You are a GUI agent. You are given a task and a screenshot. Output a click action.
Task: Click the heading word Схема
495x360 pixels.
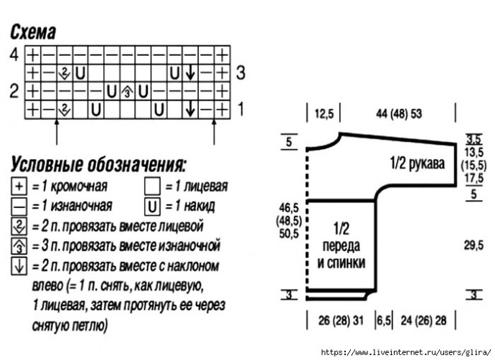[x=33, y=32]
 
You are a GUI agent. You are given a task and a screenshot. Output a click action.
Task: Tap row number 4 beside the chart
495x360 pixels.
[x=14, y=55]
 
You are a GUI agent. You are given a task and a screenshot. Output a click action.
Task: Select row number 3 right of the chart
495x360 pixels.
[x=240, y=73]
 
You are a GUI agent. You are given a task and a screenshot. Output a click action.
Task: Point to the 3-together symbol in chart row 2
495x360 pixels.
[x=127, y=92]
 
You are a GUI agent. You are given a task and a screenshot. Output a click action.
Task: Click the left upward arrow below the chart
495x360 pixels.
[x=57, y=132]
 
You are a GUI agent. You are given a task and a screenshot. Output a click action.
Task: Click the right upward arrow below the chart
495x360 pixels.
[x=214, y=132]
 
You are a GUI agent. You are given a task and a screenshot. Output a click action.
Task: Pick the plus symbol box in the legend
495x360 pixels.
[x=19, y=186]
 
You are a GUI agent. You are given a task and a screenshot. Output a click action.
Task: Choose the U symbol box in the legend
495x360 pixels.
[x=153, y=207]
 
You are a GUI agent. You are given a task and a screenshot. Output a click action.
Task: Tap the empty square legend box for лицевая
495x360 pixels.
[x=153, y=186]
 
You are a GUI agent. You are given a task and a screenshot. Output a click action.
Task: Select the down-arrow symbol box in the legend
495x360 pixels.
[x=19, y=267]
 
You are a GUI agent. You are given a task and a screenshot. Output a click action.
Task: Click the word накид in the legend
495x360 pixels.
[x=199, y=206]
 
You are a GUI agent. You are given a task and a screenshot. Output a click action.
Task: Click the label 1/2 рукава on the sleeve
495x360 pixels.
[x=418, y=164]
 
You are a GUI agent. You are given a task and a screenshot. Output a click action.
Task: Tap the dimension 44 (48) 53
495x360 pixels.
[x=399, y=113]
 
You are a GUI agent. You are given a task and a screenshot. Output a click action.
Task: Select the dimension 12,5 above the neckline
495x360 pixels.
[x=324, y=113]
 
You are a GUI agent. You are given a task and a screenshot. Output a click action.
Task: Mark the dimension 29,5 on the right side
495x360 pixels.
[x=473, y=245]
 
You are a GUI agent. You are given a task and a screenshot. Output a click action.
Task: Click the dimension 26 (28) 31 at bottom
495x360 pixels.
[x=341, y=321]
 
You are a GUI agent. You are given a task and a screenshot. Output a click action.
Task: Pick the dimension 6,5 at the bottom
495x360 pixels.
[x=384, y=321]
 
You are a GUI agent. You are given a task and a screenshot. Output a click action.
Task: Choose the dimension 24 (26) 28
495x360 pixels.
[x=424, y=321]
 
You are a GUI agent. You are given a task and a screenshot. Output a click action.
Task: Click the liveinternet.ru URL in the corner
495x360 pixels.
[x=406, y=352]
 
